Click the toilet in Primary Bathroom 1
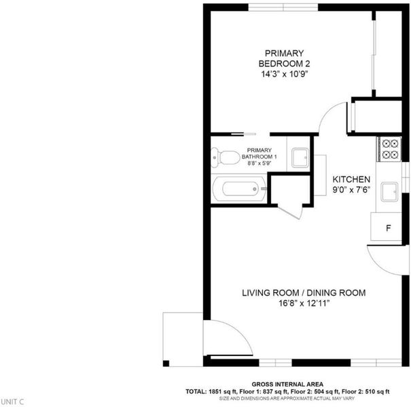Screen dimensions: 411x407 coord(225,157)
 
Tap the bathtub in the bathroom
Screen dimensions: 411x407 coord(239,189)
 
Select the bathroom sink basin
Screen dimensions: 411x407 coord(300,157)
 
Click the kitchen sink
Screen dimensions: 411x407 coord(389,192)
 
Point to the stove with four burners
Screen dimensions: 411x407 coord(389,149)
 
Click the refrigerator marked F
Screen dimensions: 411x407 coord(386,227)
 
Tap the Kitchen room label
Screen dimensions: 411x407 coord(351,180)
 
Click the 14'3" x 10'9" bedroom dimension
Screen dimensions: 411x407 coord(284,74)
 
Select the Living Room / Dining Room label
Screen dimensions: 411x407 coord(304,292)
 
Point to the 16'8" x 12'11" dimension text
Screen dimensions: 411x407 coord(304,303)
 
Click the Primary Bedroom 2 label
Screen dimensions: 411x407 coord(284,58)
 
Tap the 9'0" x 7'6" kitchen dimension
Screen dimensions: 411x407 coord(351,189)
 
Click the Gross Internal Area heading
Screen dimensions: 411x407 coord(287,385)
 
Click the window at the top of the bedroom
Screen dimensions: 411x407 coord(283,7)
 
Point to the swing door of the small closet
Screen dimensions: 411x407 coord(290,213)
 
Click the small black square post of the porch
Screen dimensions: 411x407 coord(166,364)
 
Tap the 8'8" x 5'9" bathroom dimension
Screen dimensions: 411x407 coord(259,163)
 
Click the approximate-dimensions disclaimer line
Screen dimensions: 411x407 coord(287,399)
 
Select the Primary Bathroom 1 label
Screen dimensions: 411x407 coord(259,153)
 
